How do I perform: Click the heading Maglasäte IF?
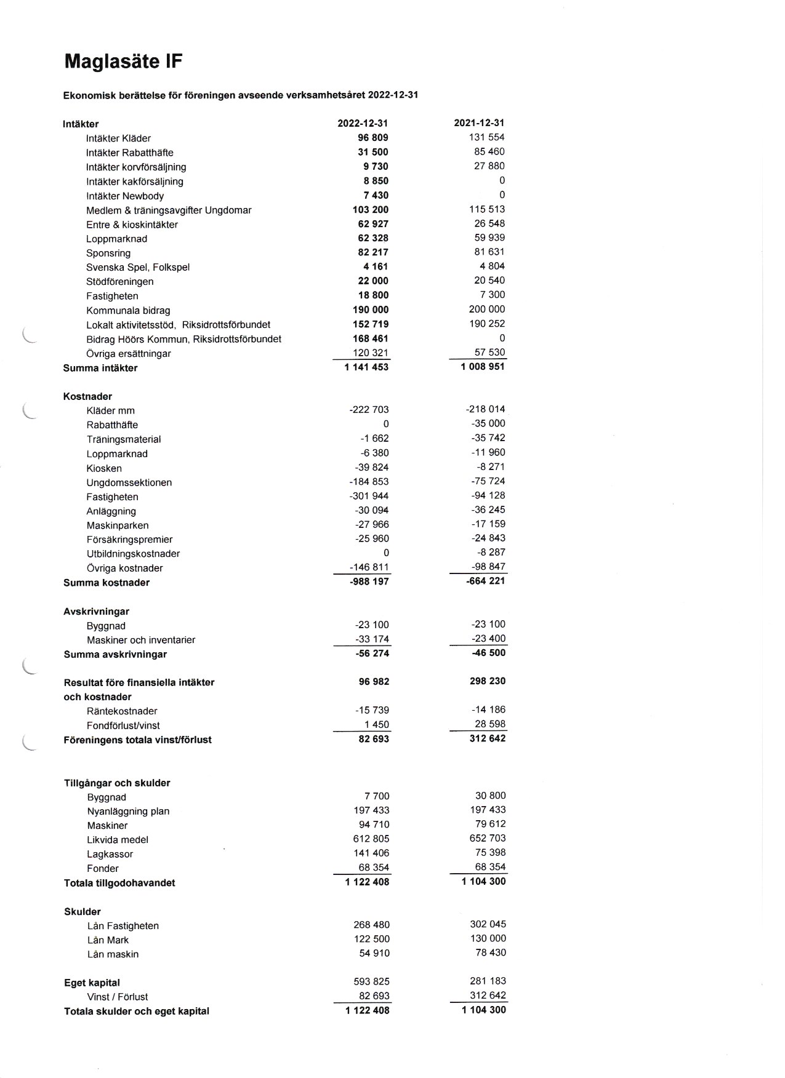(123, 62)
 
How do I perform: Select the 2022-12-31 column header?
(363, 123)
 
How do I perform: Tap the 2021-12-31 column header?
(479, 123)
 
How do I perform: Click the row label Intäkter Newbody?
(125, 196)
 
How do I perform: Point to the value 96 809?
(369, 138)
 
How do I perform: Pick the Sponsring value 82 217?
(369, 252)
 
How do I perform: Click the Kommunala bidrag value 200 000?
(486, 309)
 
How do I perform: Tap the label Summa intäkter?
(100, 368)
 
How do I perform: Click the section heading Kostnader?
(87, 396)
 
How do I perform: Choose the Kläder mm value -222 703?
(369, 410)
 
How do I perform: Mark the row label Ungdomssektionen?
(129, 482)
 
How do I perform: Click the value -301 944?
(369, 496)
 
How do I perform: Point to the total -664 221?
(486, 581)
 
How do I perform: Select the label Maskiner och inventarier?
(141, 640)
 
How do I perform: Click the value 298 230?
(487, 681)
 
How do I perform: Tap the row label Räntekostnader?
(122, 711)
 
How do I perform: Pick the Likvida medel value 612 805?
(371, 839)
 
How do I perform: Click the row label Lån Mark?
(108, 940)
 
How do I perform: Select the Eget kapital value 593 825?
(371, 981)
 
